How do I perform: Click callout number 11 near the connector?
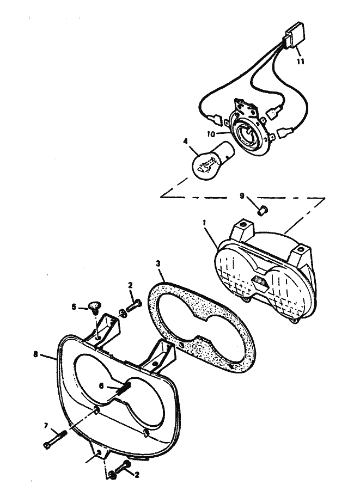click(x=301, y=61)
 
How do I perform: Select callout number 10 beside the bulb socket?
click(x=211, y=134)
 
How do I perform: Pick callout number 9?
click(x=242, y=196)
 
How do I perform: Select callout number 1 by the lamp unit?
click(x=205, y=223)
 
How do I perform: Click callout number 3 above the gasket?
click(x=158, y=263)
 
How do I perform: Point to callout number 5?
click(x=74, y=307)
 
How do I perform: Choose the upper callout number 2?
click(x=130, y=285)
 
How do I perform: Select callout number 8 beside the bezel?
click(x=35, y=354)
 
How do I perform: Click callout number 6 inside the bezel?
click(x=101, y=386)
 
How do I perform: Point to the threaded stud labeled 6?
click(x=124, y=389)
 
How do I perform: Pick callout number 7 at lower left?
click(x=46, y=426)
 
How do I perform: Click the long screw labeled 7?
click(x=55, y=440)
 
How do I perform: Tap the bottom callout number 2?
click(x=137, y=475)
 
